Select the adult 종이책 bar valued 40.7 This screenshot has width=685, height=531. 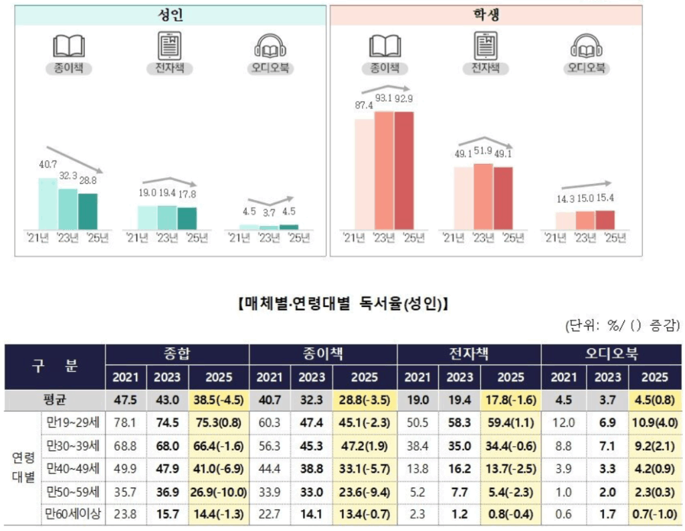coord(47,203)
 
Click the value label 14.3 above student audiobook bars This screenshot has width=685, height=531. coord(555,199)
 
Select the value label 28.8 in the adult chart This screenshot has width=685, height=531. coord(87,181)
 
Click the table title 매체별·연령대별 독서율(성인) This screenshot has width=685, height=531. coord(342,304)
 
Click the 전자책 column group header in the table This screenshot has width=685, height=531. coord(468,354)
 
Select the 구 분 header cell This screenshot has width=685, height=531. coord(56,365)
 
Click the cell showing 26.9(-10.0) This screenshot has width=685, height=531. coord(219,492)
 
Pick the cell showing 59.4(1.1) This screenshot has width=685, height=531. coord(510,422)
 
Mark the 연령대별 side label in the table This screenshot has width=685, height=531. coord(21,468)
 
